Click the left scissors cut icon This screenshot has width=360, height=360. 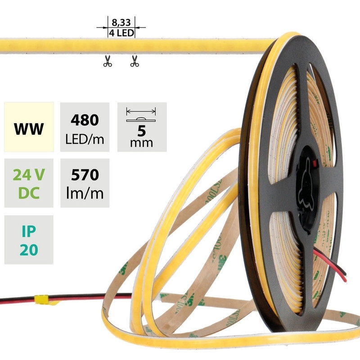point(107,62)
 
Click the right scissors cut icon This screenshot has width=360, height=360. point(134,62)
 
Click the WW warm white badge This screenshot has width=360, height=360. point(29,130)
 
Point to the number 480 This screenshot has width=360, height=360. point(85,120)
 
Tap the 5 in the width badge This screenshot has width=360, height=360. point(141,131)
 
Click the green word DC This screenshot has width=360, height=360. point(29,193)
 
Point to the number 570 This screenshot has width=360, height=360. point(85,174)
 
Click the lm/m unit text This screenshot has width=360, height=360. point(85,193)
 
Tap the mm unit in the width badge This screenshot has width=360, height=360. point(141,143)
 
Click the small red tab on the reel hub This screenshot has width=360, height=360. point(315,162)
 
